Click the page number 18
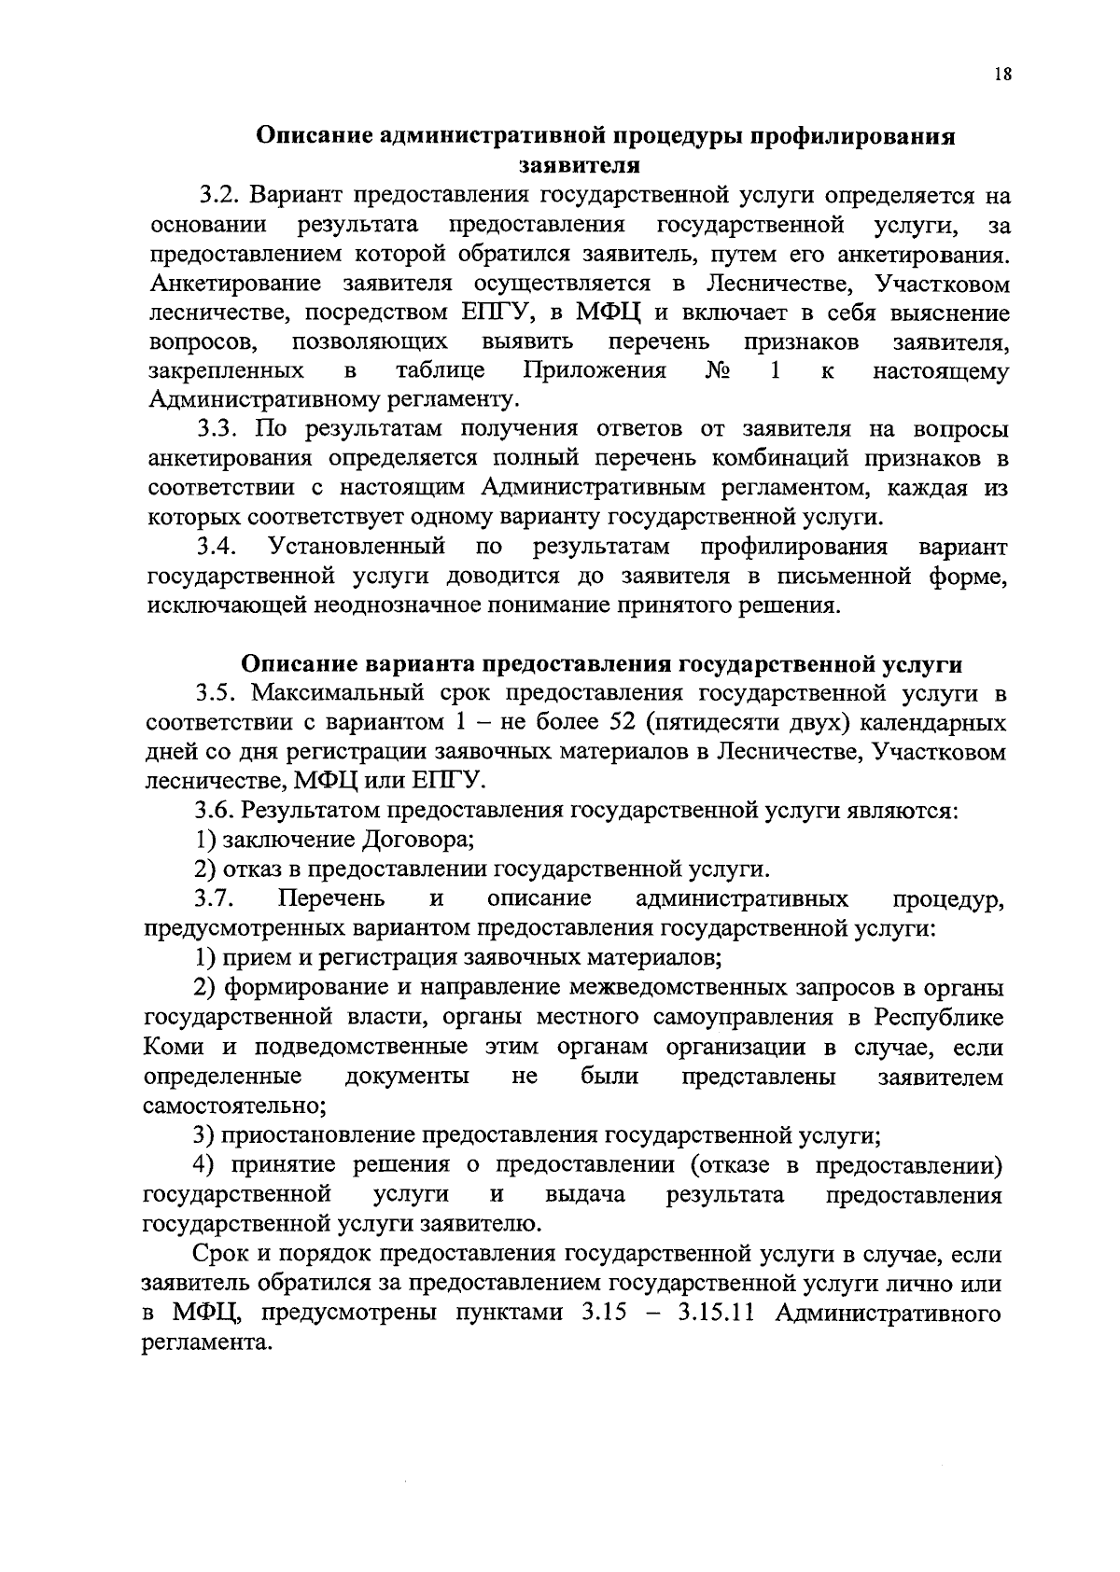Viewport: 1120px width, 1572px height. pos(1002,77)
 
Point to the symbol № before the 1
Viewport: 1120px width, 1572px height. pos(718,371)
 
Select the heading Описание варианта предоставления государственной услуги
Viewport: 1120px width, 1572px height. pos(602,664)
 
